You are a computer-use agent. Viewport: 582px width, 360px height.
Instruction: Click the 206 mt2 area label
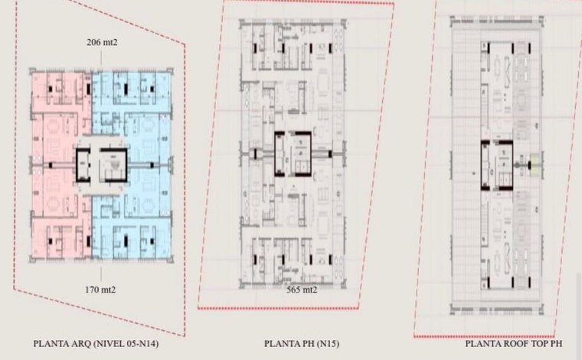[102, 42]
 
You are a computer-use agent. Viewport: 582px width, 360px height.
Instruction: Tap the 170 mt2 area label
[100, 290]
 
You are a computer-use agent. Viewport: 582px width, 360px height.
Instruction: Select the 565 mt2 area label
[302, 290]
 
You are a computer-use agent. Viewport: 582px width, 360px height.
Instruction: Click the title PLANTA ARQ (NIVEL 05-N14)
[96, 344]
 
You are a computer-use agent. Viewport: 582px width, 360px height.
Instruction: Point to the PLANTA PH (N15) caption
[302, 344]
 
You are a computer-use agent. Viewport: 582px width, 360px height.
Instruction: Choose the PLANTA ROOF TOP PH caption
[514, 344]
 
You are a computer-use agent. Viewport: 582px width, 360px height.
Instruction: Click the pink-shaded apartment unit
[60, 163]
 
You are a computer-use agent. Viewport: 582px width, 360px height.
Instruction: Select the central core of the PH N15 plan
[293, 154]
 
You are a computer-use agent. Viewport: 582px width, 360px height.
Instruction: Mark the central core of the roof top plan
[497, 165]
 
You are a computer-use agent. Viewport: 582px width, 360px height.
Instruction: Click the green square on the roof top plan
[535, 165]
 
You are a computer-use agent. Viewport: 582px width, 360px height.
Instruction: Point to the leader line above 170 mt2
[101, 274]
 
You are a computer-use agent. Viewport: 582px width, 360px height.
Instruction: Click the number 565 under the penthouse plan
[293, 290]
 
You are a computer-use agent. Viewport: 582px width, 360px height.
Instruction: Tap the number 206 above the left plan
[94, 42]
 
